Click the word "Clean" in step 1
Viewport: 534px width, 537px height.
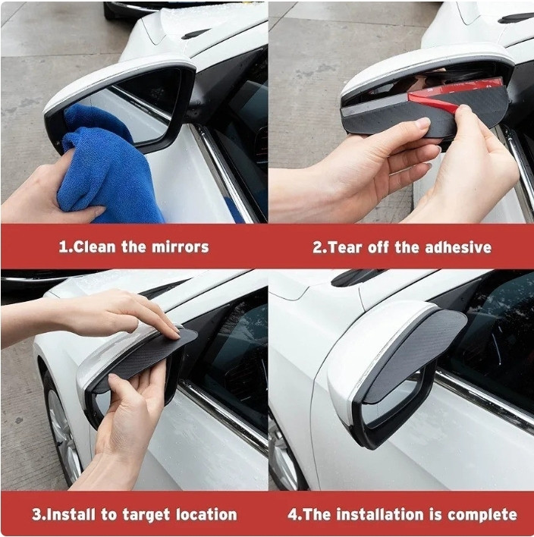pos(94,247)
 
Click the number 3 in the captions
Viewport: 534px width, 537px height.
pos(36,515)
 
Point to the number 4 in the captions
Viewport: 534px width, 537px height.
pos(293,514)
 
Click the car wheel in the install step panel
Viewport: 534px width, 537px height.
pos(64,432)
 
